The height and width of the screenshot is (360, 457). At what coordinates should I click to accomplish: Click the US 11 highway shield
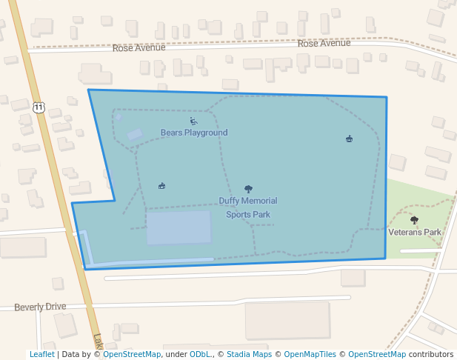point(39,107)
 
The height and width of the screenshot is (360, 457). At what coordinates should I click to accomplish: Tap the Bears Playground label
point(194,133)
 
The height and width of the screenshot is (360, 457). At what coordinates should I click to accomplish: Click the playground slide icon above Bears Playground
point(193,121)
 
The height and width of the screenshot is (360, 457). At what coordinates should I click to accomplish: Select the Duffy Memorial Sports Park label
point(248,207)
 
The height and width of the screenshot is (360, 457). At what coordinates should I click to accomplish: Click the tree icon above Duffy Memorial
point(248,190)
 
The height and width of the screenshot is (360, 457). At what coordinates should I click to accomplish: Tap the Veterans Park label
point(415,232)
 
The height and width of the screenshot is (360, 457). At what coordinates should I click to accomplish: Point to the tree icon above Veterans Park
point(414,220)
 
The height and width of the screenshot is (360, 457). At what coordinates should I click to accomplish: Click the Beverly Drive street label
point(40,307)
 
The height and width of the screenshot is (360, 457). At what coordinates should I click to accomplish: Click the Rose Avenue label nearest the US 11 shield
point(138,47)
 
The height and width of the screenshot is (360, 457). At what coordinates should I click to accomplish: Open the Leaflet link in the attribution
point(41,355)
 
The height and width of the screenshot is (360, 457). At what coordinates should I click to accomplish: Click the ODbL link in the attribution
point(200,355)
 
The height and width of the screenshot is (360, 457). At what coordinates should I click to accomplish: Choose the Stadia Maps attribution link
point(249,355)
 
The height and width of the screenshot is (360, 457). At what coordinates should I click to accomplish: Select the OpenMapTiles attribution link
point(311,355)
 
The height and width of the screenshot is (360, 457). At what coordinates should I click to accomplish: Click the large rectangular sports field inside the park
point(179,227)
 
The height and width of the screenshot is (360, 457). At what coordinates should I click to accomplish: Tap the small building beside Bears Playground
point(135,135)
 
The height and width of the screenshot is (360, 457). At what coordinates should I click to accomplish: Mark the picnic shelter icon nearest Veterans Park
point(349,139)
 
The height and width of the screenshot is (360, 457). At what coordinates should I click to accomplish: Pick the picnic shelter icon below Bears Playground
point(161,186)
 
